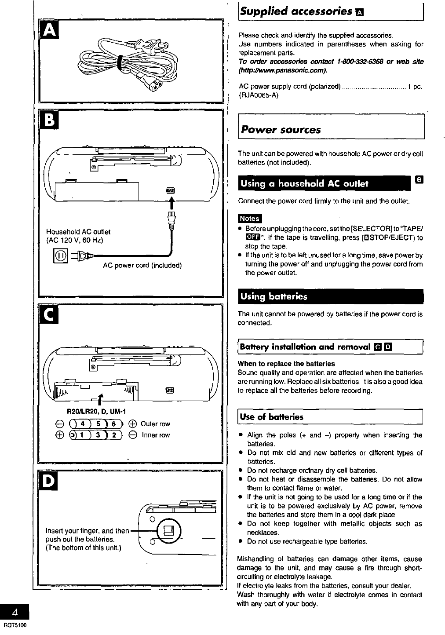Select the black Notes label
[249, 219]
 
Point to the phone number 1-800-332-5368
[360, 62]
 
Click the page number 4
[15, 612]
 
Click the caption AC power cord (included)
[142, 266]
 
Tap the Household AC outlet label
[78, 232]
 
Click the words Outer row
[155, 424]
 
